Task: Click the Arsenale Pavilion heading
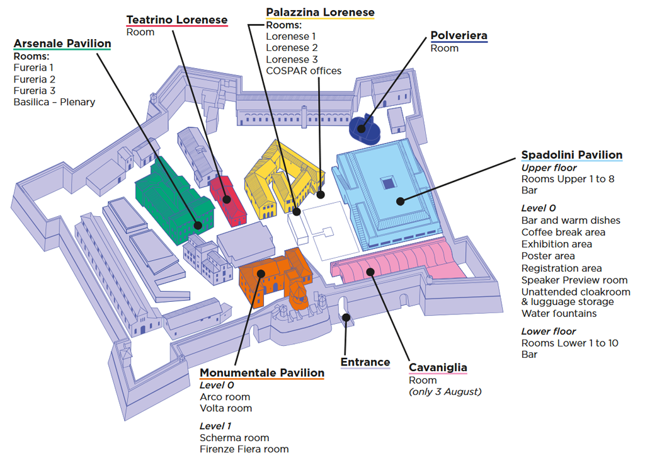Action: coord(62,43)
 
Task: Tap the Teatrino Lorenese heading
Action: coord(177,20)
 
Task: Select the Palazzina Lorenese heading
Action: coord(320,13)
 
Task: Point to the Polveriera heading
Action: coord(459,36)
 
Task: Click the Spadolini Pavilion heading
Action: coord(572,155)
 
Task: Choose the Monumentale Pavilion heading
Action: coord(262,373)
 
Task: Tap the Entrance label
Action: coord(365,362)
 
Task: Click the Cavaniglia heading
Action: coord(438,367)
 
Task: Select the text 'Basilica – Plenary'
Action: coord(54,102)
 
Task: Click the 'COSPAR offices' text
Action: coord(304,71)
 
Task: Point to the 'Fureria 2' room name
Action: coord(34,79)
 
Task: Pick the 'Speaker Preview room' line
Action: coord(574,280)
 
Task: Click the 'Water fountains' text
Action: coord(559,314)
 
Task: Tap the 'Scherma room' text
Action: coord(234,438)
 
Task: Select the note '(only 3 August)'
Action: coord(445,392)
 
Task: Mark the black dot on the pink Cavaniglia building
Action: coord(370,272)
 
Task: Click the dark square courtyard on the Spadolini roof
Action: coord(389,183)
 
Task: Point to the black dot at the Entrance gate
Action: coord(346,318)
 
